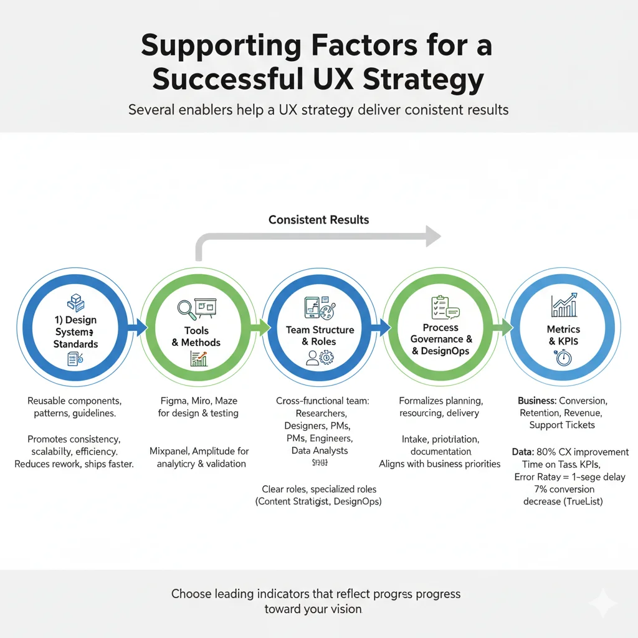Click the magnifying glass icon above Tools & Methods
[x=186, y=309]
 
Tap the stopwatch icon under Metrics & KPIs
[x=562, y=358]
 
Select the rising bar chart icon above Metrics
[x=563, y=305]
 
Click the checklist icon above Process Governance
[x=439, y=306]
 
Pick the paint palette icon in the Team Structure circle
[x=329, y=308]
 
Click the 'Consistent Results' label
[x=318, y=220]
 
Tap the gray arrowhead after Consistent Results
[x=433, y=235]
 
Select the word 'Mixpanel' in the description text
[x=170, y=450]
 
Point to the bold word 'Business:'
[x=537, y=401]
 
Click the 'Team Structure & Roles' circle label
[x=320, y=336]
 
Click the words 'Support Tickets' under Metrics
[x=562, y=425]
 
